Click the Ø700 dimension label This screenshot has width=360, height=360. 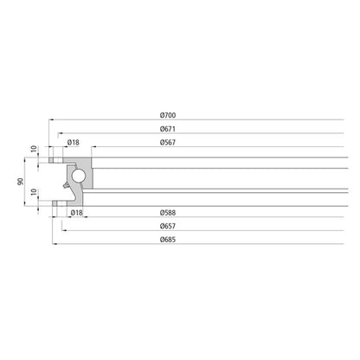[168, 116]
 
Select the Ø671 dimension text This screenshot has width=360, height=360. [168, 128]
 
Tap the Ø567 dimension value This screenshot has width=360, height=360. [168, 142]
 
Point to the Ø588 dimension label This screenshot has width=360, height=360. [168, 212]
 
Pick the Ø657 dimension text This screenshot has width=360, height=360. [168, 226]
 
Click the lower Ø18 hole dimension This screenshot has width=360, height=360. [76, 212]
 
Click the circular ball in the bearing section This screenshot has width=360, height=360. [79, 177]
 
